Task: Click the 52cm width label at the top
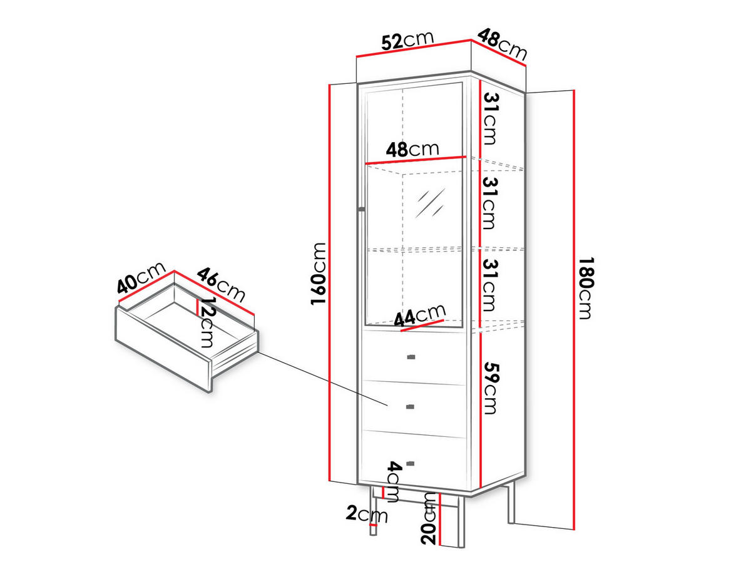pyautogui.click(x=407, y=40)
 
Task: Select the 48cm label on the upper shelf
pyautogui.click(x=412, y=150)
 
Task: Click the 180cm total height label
pyautogui.click(x=585, y=287)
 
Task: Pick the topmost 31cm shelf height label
pyautogui.click(x=489, y=118)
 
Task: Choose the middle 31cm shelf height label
pyautogui.click(x=489, y=202)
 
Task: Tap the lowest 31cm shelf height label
pyautogui.click(x=489, y=285)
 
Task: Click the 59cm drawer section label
pyautogui.click(x=489, y=386)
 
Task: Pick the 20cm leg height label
pyautogui.click(x=429, y=518)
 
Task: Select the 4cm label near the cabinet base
pyautogui.click(x=393, y=482)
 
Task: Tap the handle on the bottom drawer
pyautogui.click(x=411, y=464)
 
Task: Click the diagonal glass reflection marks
pyautogui.click(x=432, y=200)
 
